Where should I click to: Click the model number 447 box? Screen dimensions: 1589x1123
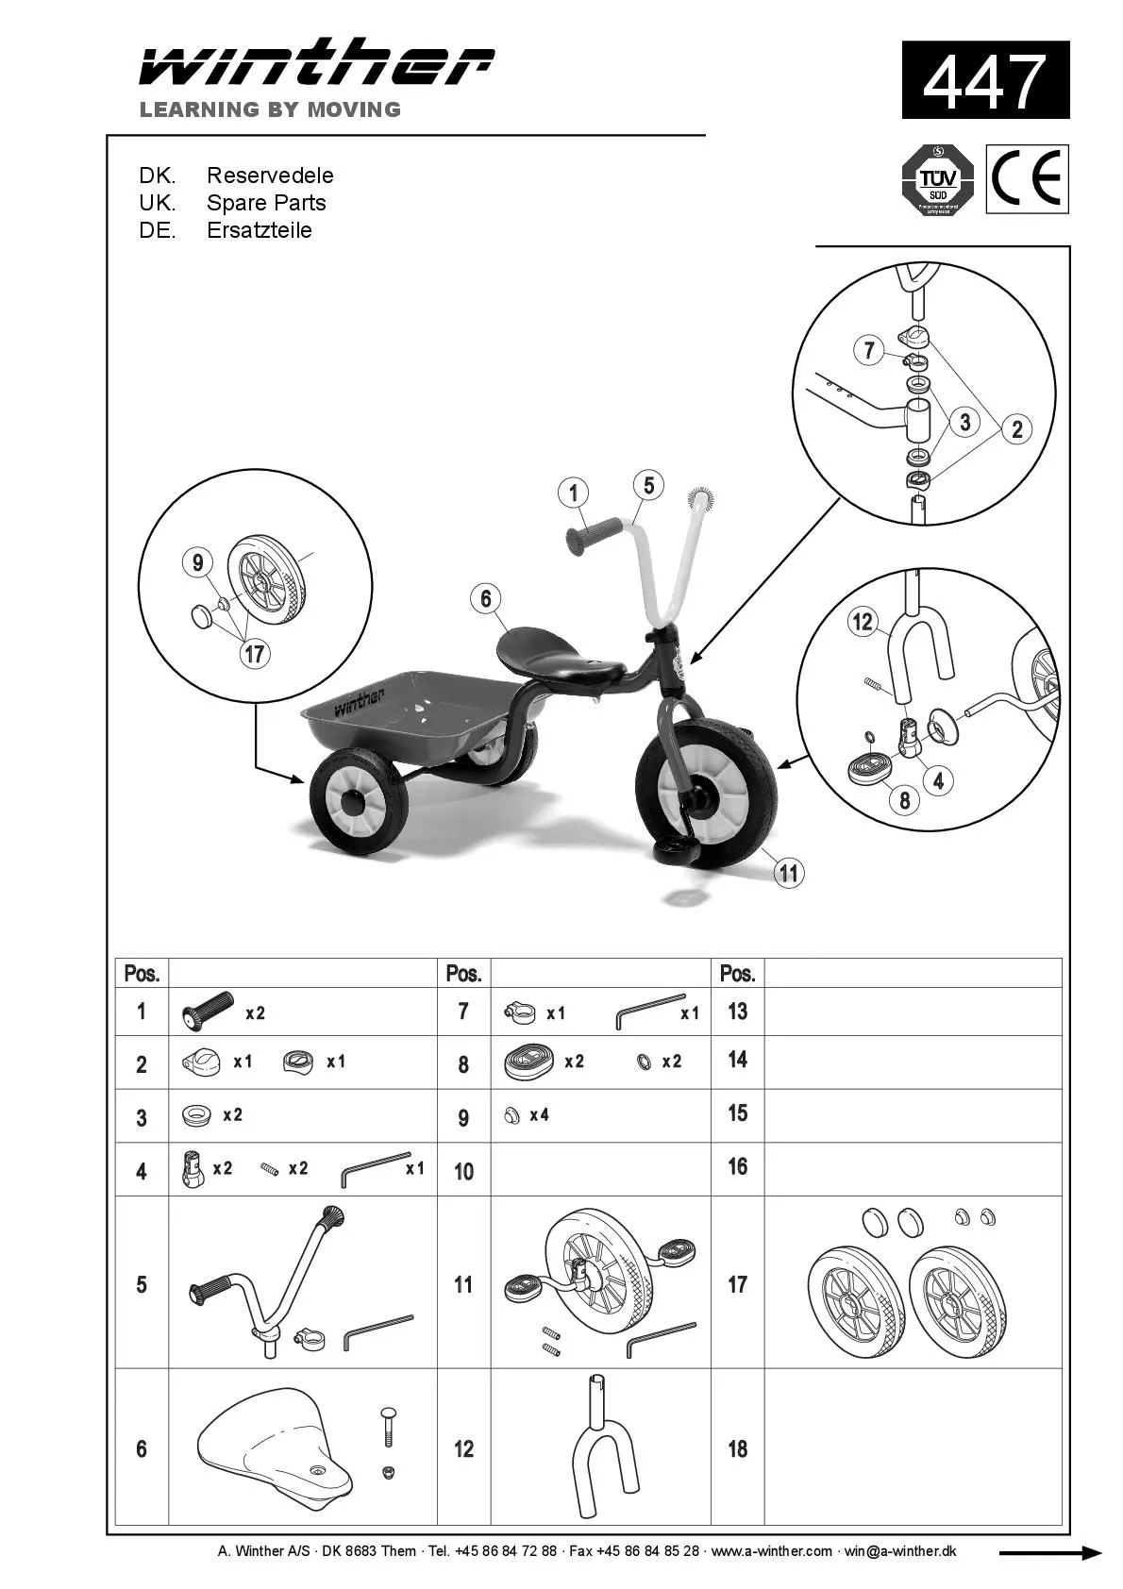click(x=985, y=80)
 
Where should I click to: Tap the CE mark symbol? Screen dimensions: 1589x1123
click(x=1027, y=179)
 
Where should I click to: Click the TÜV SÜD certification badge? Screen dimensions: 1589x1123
click(x=937, y=179)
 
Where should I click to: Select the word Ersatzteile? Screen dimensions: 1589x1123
click(x=259, y=230)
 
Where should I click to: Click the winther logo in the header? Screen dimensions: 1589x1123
click(x=316, y=64)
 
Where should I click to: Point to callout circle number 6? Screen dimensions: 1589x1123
click(x=486, y=598)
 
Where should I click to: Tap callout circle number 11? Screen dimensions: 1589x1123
click(x=789, y=873)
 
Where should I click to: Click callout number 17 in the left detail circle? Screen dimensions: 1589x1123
click(x=255, y=653)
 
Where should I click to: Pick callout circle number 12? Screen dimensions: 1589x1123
click(x=863, y=622)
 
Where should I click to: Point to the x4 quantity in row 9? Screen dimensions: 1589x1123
click(x=539, y=1115)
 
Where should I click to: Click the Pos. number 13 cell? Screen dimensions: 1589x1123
click(x=737, y=1012)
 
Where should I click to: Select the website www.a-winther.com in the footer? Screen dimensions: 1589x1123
click(x=771, y=1551)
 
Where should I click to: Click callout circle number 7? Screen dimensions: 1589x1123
click(x=869, y=350)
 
